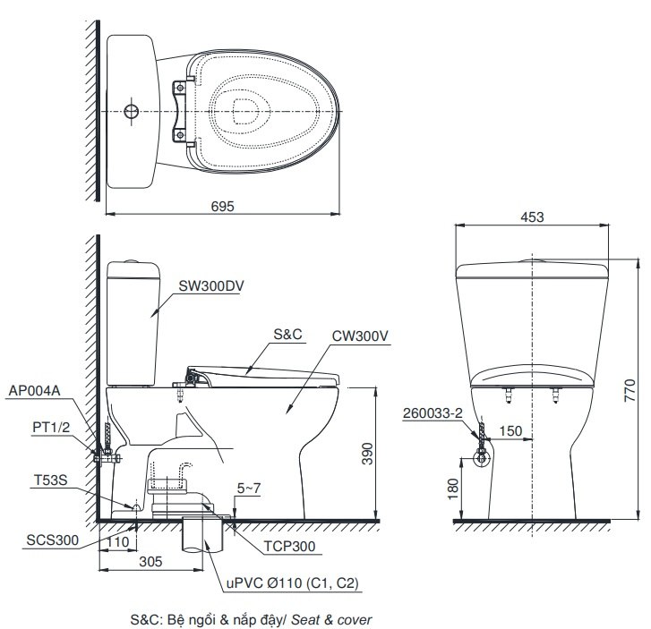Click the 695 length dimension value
pyautogui.click(x=222, y=206)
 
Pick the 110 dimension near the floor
pyautogui.click(x=116, y=542)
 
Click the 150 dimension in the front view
pyautogui.click(x=510, y=431)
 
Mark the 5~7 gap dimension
pyautogui.click(x=249, y=488)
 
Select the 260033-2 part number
pyautogui.click(x=433, y=412)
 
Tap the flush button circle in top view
pyautogui.click(x=131, y=111)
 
